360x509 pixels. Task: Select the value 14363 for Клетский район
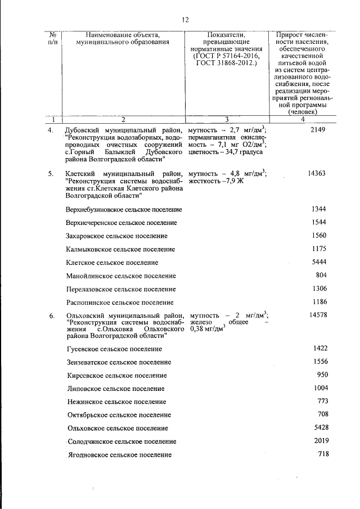[317, 173]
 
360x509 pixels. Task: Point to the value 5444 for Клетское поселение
[318, 262]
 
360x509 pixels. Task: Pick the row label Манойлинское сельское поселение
[121, 276]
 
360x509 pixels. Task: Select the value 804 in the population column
[321, 275]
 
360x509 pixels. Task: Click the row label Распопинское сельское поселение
[119, 302]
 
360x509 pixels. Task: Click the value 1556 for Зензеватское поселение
[320, 362]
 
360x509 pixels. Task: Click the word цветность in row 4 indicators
[205, 152]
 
